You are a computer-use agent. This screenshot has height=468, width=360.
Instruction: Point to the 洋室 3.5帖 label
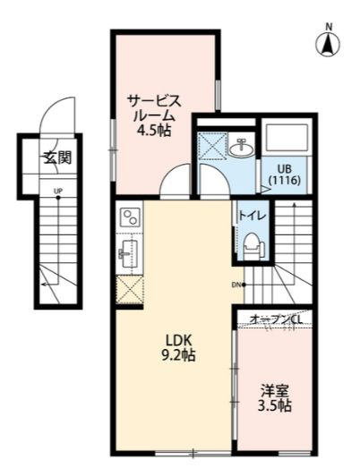click(275, 398)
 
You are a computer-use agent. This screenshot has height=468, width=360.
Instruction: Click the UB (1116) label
click(285, 175)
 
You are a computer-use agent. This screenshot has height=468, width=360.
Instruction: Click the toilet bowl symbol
click(252, 243)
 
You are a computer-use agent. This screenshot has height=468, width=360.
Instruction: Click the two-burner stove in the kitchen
click(131, 218)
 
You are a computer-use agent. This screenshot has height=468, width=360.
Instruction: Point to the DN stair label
click(236, 285)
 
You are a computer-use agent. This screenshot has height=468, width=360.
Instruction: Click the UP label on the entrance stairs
click(57, 191)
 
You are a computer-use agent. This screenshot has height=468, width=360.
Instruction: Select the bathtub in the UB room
click(286, 139)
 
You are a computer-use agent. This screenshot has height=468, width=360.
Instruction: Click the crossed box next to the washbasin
click(213, 145)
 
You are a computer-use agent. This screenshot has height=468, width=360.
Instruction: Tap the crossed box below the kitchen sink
click(129, 291)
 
